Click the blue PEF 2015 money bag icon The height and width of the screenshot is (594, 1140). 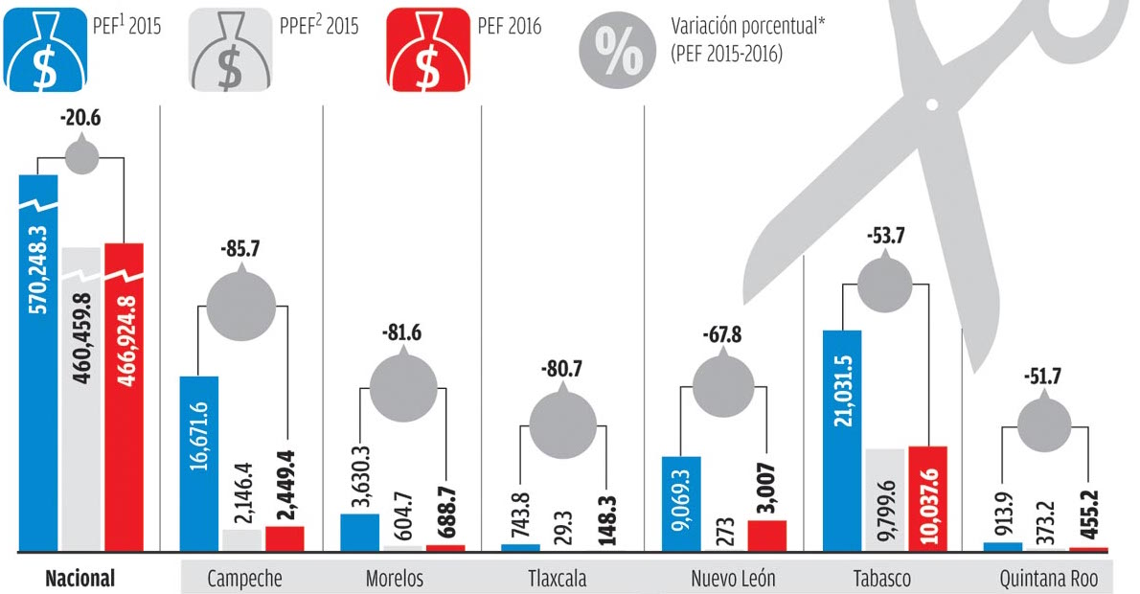[44, 53]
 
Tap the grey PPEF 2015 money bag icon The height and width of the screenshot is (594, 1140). [230, 53]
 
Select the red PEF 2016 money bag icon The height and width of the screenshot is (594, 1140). [427, 53]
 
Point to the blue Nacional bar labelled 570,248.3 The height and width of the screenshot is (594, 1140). [38, 364]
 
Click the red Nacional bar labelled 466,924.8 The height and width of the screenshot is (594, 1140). [124, 398]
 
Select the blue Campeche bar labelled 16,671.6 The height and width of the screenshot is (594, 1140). [199, 464]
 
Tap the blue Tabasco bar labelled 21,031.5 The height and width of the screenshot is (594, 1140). [843, 441]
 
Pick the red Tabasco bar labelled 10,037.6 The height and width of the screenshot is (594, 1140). [927, 499]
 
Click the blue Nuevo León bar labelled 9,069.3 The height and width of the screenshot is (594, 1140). [682, 504]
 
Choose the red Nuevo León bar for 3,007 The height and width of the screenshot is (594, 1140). [766, 537]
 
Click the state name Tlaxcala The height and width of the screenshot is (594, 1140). [559, 579]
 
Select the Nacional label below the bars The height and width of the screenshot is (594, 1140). [80, 579]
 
